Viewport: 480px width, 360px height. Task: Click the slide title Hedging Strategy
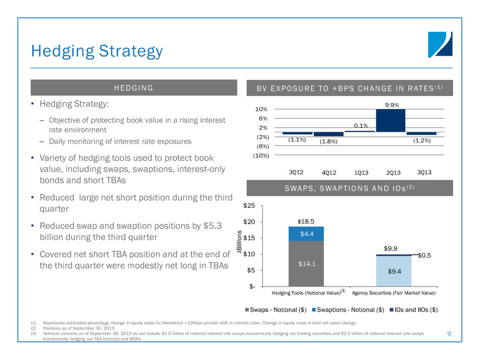click(97, 51)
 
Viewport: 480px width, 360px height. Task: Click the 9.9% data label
click(391, 104)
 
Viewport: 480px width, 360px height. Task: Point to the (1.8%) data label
click(328, 141)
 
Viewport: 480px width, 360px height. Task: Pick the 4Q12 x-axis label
click(328, 173)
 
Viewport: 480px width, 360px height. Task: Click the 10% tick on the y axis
click(268, 109)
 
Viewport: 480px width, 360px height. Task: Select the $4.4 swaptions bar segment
click(306, 233)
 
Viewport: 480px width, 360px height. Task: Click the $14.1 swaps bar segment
click(306, 263)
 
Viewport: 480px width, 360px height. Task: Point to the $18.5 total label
click(306, 222)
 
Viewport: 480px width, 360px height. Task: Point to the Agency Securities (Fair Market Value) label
click(394, 293)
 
